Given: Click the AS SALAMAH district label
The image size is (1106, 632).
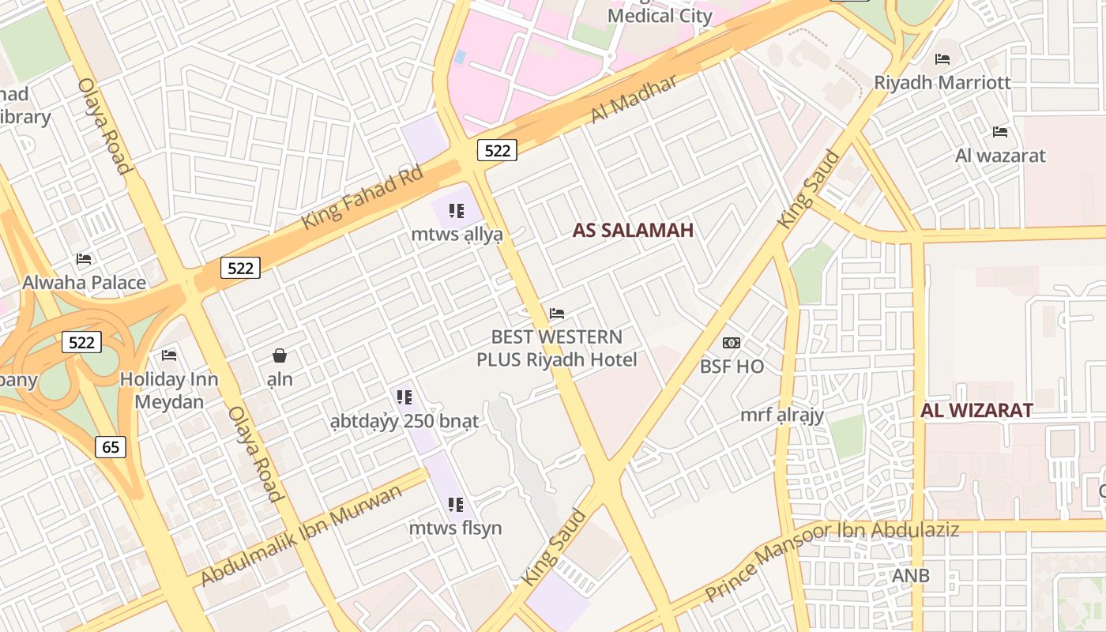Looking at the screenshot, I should (633, 231).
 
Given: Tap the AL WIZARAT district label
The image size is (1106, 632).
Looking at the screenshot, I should (976, 411).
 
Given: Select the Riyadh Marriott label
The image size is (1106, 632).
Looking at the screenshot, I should (942, 83).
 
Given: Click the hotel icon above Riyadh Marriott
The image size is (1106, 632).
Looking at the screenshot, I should (942, 59).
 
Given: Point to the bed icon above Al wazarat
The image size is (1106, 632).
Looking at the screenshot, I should (1000, 132).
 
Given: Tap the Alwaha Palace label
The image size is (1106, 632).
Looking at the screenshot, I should (84, 283).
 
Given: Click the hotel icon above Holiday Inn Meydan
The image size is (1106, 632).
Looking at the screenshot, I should (168, 355).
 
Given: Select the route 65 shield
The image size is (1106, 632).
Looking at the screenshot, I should (111, 447).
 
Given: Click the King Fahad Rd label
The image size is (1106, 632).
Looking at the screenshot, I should (363, 198).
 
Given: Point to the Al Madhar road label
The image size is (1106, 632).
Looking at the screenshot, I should (634, 100).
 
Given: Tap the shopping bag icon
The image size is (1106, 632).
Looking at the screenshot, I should (280, 355).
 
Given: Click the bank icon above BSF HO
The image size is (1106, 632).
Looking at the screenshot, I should (732, 343).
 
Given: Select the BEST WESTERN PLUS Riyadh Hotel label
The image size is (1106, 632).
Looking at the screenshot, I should (556, 348).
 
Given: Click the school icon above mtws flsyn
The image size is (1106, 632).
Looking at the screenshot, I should (455, 504).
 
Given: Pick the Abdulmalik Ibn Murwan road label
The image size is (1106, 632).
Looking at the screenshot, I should (301, 536).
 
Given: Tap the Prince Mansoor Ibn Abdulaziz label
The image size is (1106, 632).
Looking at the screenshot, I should (831, 560).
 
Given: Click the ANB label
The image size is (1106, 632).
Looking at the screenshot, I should (910, 576).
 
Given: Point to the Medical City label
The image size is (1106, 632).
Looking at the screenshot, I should (660, 15).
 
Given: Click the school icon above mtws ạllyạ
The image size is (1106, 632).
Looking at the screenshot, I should (456, 211).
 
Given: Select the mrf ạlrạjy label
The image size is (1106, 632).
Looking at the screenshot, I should (782, 416).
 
